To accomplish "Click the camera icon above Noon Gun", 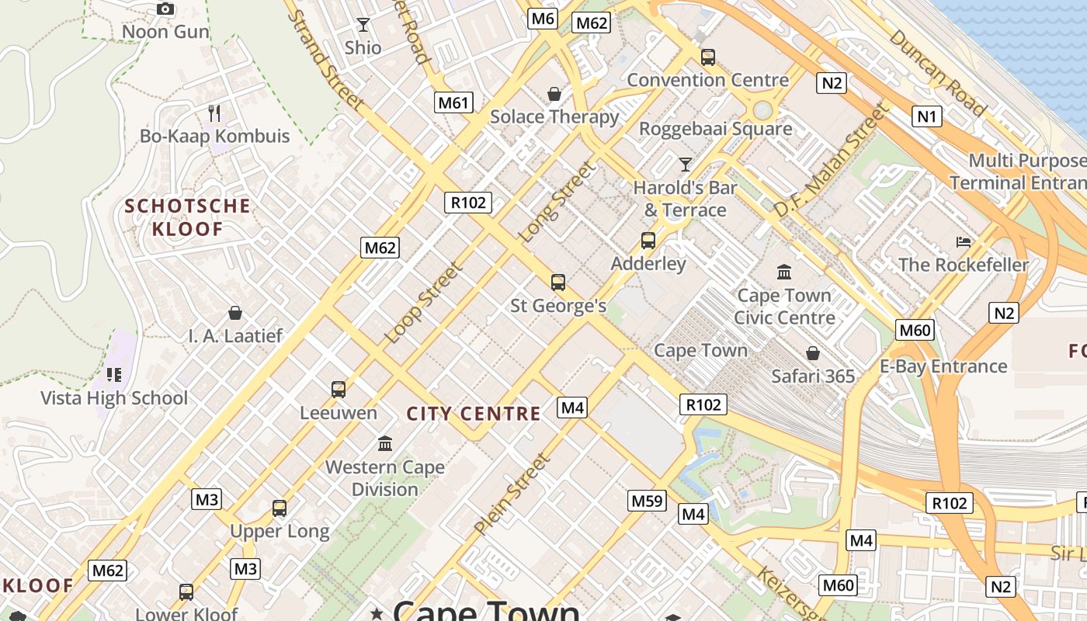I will [165, 9].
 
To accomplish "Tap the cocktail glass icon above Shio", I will [363, 25].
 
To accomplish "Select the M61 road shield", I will [453, 102].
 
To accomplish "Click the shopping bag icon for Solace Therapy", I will [554, 94].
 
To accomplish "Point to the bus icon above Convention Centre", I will [707, 57].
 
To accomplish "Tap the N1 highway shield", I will [927, 116].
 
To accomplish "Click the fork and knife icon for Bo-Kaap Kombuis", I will [214, 113].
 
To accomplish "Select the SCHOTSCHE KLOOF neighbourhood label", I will [188, 217].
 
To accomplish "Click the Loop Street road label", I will [424, 303].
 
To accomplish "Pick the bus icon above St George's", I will [557, 283].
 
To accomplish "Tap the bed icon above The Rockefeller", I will [964, 242].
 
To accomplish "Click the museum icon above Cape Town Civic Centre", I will [784, 272].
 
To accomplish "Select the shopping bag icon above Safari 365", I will [812, 354].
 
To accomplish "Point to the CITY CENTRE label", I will [474, 414].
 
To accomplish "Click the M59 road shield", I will [647, 501].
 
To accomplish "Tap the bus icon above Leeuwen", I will [338, 390].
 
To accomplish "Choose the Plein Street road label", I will [512, 494].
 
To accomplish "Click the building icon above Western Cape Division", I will [384, 444].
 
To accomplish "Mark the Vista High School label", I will [114, 398].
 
